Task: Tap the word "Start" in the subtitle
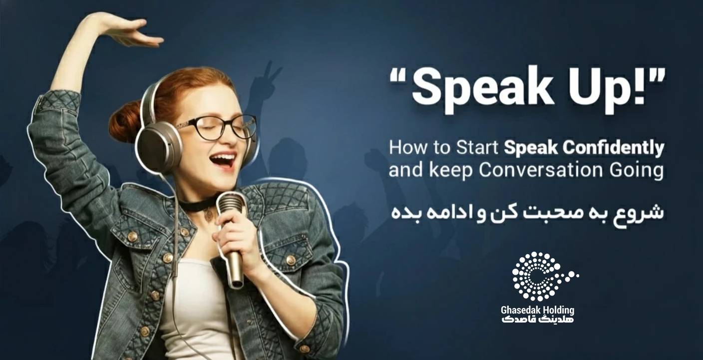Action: pos(477,147)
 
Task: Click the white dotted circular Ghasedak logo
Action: pos(543,276)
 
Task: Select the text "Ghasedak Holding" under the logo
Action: pos(538,311)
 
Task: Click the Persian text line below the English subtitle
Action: pos(527,213)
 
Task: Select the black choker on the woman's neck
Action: pos(198,204)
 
